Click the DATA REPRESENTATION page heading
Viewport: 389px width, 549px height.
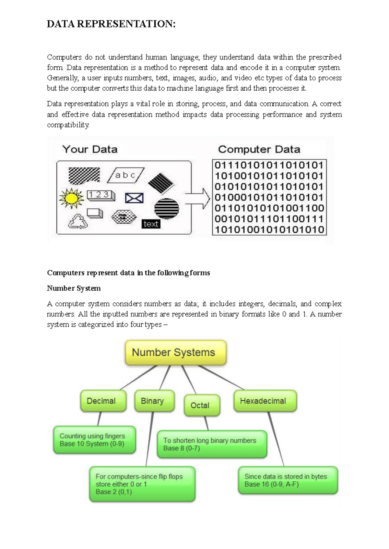pyautogui.click(x=111, y=24)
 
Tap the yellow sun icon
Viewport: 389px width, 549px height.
pyautogui.click(x=71, y=198)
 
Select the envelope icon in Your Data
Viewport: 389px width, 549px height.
pyautogui.click(x=134, y=198)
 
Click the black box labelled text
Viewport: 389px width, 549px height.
pyautogui.click(x=151, y=224)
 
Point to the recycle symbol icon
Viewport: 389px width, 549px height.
pyautogui.click(x=78, y=221)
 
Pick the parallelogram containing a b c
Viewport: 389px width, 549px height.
pyautogui.click(x=125, y=175)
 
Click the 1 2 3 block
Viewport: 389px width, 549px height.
pyautogui.click(x=100, y=195)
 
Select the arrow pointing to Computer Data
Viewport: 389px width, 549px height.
pyautogui.click(x=198, y=198)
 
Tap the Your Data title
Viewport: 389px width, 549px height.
pyautogui.click(x=90, y=149)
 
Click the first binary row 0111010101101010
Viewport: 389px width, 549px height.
pyautogui.click(x=269, y=165)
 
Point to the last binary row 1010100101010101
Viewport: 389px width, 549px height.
pyautogui.click(x=269, y=230)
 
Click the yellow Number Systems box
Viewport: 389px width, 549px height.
pyautogui.click(x=175, y=352)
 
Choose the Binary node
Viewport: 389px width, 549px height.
pyautogui.click(x=154, y=401)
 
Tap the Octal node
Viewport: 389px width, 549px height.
pyautogui.click(x=202, y=405)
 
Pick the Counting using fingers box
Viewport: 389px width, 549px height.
pyautogui.click(x=94, y=440)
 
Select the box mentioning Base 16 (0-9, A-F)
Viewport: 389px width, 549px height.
pyautogui.click(x=288, y=480)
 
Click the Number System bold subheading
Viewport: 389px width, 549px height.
pyautogui.click(x=74, y=288)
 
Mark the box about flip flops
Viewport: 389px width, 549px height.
pyautogui.click(x=142, y=484)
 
